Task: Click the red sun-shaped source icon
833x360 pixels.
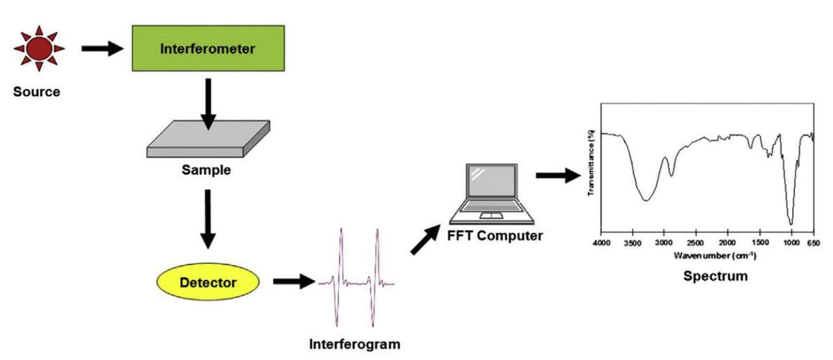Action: click(x=39, y=49)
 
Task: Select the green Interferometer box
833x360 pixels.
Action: click(x=208, y=49)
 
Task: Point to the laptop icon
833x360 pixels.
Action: click(x=491, y=192)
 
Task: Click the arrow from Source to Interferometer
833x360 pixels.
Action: click(x=101, y=49)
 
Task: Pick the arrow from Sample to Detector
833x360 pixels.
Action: click(x=207, y=218)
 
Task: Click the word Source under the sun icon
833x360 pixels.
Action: click(x=37, y=92)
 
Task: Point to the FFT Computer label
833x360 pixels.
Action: click(x=495, y=236)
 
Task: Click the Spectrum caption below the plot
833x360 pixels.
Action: click(x=715, y=276)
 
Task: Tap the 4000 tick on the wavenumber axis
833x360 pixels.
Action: click(x=602, y=243)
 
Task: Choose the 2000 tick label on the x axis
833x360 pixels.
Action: click(x=727, y=243)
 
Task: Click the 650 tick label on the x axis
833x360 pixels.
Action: click(x=813, y=243)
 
